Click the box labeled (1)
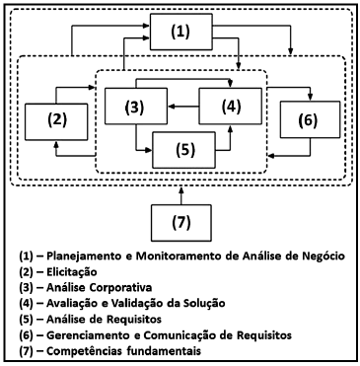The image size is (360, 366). tap(180, 32)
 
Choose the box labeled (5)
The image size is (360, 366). tap(182, 151)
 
